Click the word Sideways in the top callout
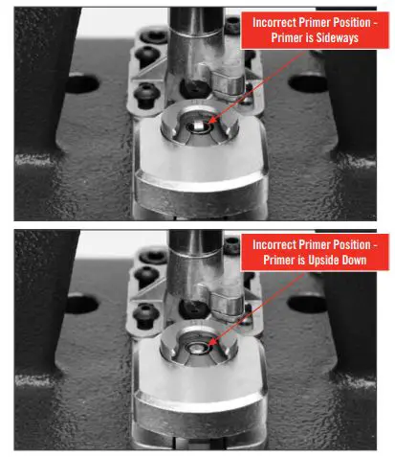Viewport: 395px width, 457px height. [323, 39]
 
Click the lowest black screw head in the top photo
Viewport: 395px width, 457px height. [145, 93]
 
